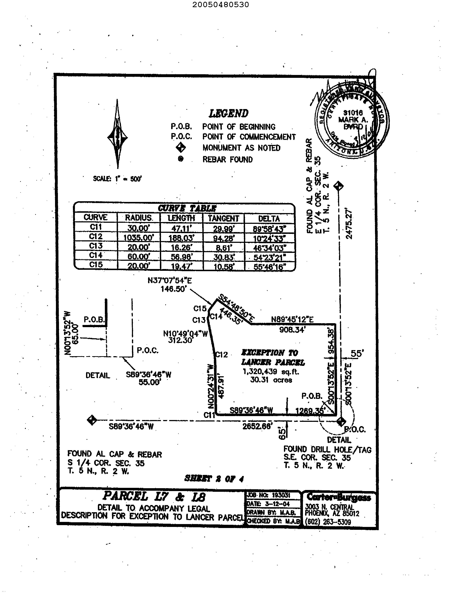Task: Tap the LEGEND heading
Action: [228, 114]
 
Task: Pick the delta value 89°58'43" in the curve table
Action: [269, 229]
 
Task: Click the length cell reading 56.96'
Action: [181, 257]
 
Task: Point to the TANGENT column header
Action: [223, 218]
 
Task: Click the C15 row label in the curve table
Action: [96, 265]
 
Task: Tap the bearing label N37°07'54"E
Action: [169, 280]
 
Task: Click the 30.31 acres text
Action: [271, 380]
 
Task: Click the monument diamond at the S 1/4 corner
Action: [92, 420]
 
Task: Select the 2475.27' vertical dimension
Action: [349, 224]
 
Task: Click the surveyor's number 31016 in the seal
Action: [353, 112]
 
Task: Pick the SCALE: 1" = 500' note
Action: [117, 179]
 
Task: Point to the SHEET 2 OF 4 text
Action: [214, 478]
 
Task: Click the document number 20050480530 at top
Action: [221, 5]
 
